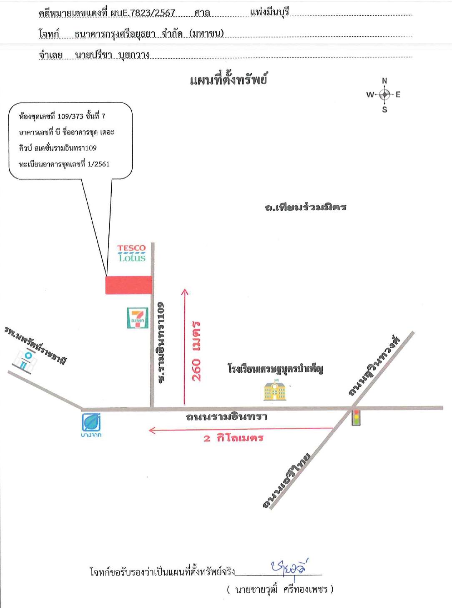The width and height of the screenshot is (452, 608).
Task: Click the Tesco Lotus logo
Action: tap(131, 253)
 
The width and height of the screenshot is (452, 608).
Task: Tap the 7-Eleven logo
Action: tap(138, 318)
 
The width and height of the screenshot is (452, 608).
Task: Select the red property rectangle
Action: tap(129, 285)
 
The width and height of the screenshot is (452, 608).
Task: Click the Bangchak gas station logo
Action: tap(91, 425)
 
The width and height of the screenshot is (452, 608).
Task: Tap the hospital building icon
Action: tap(25, 361)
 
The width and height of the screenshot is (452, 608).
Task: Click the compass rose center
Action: tap(385, 95)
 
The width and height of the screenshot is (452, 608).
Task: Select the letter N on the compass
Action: tap(384, 81)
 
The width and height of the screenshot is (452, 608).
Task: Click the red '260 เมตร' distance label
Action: tap(196, 351)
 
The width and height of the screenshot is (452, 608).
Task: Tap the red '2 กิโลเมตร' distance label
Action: tap(234, 438)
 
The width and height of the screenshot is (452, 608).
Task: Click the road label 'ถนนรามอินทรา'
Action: tap(226, 417)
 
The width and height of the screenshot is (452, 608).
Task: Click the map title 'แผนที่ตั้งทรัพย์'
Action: tap(229, 81)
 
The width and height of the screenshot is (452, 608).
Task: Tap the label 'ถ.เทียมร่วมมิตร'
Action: tap(306, 207)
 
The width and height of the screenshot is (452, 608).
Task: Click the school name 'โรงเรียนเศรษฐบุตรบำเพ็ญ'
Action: tap(276, 369)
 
